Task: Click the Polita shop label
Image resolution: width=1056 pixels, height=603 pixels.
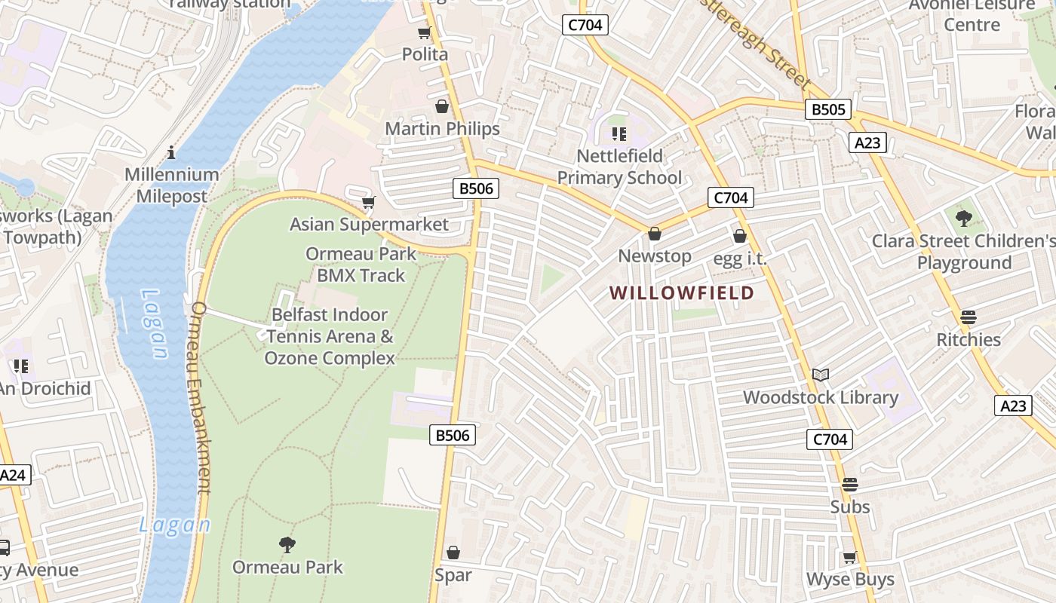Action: (x=425, y=54)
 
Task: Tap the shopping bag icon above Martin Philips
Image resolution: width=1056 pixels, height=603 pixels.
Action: (x=442, y=106)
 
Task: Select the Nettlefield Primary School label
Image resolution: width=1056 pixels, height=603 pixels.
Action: (x=619, y=167)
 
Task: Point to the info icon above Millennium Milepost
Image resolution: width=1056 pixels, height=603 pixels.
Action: (x=171, y=152)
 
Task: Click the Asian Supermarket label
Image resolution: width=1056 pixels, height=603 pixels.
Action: (x=369, y=224)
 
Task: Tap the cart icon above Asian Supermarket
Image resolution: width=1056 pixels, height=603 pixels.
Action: (x=369, y=202)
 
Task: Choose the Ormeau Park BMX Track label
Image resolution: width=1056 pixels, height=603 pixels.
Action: (x=361, y=265)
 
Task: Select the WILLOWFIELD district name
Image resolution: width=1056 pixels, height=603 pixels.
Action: (x=682, y=292)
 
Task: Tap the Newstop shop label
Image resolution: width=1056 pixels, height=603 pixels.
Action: (x=655, y=256)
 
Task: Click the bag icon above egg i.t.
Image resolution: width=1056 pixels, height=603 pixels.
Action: (x=740, y=236)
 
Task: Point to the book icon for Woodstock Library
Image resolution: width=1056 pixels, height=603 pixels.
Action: (x=821, y=375)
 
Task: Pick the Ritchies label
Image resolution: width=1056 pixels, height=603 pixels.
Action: (x=969, y=339)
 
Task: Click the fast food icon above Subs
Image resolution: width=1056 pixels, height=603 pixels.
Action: (x=850, y=485)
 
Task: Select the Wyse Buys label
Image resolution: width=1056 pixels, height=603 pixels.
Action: (x=850, y=579)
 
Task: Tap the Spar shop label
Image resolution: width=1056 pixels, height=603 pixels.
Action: (x=453, y=575)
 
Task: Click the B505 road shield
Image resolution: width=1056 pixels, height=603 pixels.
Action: (x=828, y=109)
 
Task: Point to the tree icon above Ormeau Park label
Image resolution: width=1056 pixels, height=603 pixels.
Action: (x=287, y=544)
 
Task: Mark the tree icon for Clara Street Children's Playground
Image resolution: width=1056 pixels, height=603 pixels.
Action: (x=963, y=219)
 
